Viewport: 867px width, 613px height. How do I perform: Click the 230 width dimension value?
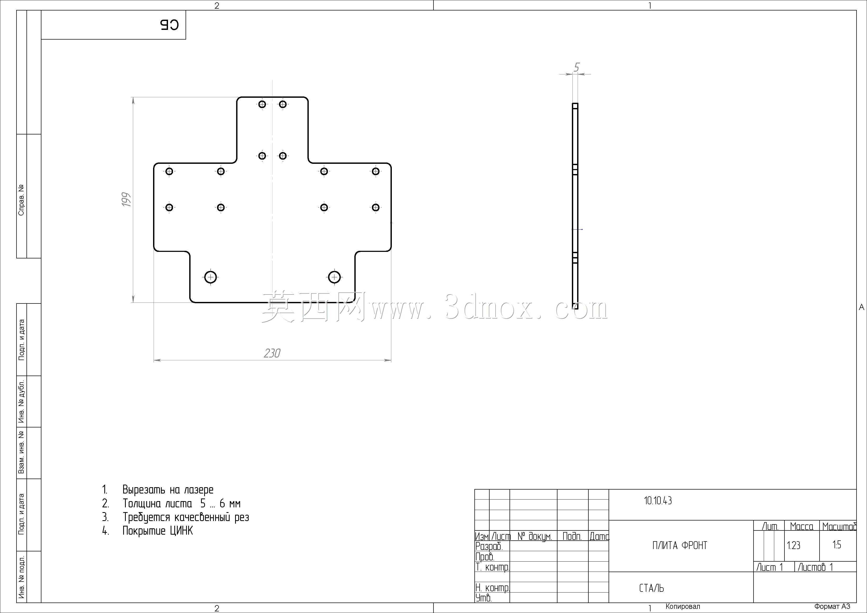tap(272, 353)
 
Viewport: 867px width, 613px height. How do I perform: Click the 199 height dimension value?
tap(126, 200)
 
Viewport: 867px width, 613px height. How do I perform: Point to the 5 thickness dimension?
tap(576, 67)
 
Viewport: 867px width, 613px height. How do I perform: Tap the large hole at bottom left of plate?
tap(211, 277)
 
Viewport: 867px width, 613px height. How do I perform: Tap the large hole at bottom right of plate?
tap(334, 277)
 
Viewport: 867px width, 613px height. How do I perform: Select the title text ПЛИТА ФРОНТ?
tap(680, 545)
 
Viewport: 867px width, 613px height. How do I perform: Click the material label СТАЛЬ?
tap(651, 588)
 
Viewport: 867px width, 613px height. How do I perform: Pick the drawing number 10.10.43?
tap(658, 501)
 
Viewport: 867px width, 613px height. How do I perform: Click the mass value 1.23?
tap(793, 545)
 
